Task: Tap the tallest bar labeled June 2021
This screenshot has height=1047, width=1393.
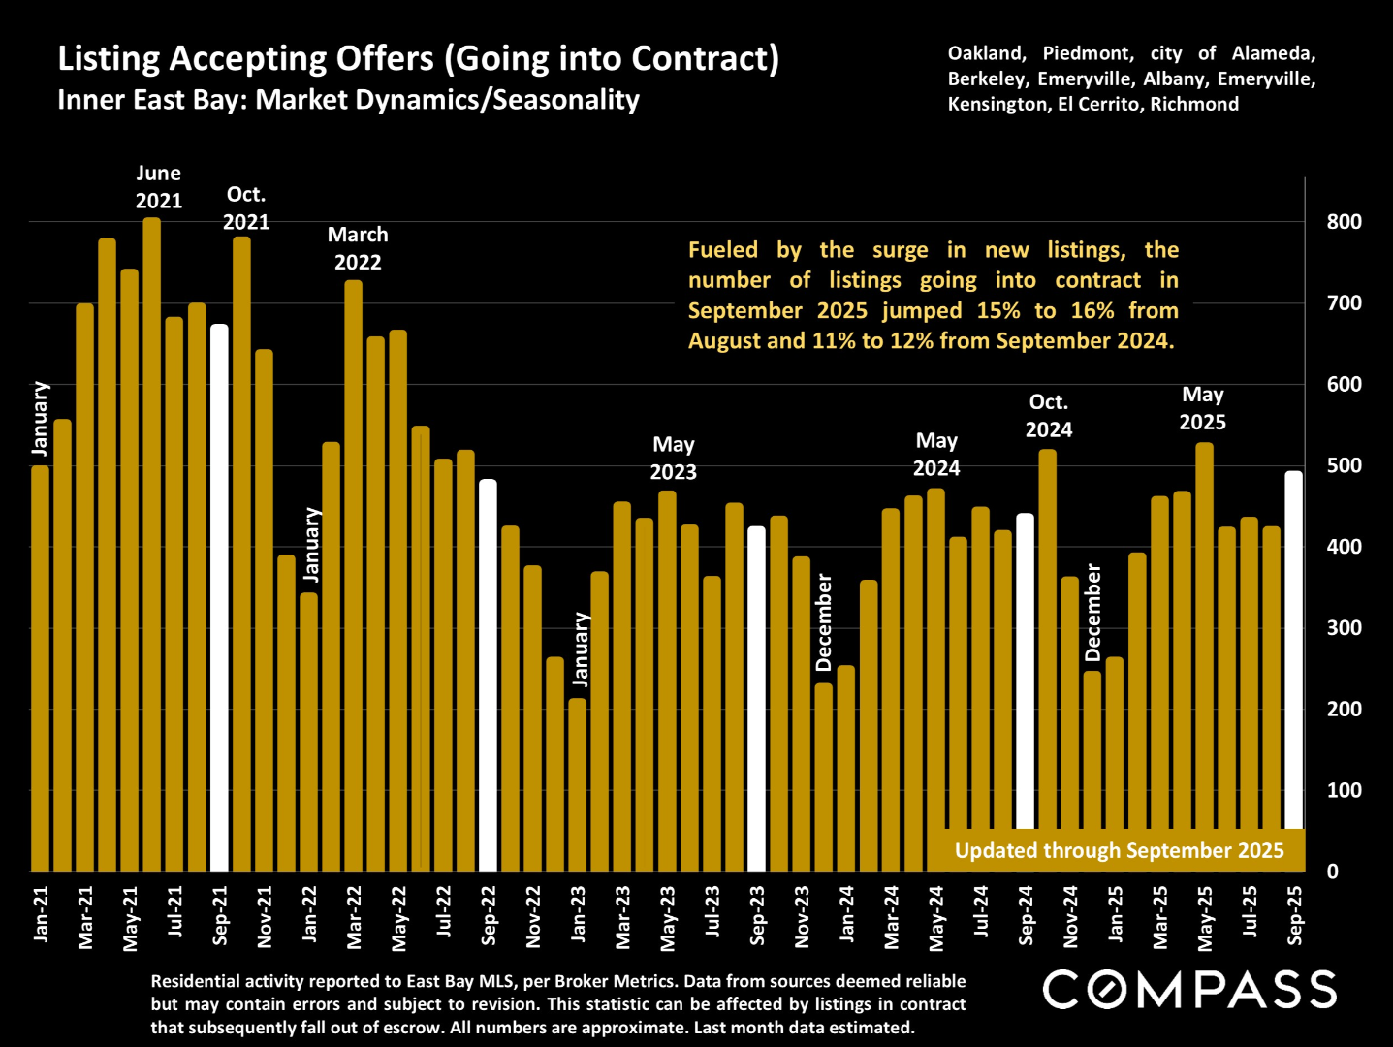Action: (152, 544)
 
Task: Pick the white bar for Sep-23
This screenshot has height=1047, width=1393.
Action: (756, 698)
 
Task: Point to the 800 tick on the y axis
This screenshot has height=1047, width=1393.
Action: (1344, 222)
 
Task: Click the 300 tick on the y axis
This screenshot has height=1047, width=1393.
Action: (1344, 628)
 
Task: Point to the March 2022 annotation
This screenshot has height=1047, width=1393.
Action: (358, 248)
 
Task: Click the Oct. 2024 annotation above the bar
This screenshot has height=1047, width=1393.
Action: (1048, 416)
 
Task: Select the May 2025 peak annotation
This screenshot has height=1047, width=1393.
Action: (1202, 408)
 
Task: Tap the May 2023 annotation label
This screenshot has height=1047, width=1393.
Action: (673, 458)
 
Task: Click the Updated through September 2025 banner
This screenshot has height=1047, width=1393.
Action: (1119, 850)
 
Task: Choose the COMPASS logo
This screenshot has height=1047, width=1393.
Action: (1189, 990)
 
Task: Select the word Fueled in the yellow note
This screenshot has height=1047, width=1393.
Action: (723, 250)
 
